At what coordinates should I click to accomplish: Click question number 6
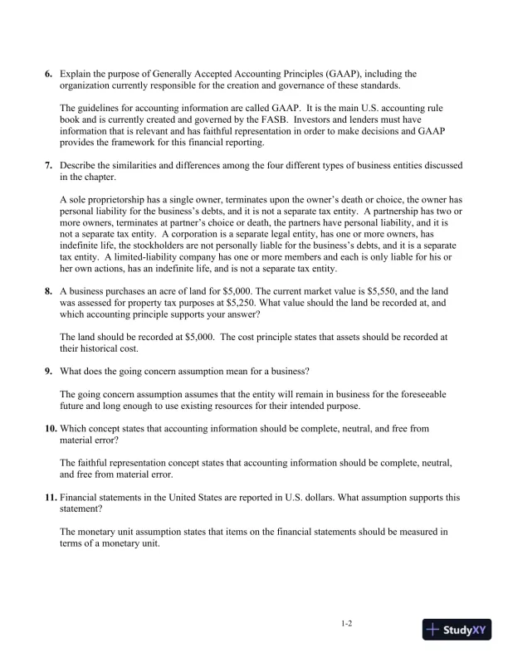tap(48, 74)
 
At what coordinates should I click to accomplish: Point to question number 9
tap(48, 370)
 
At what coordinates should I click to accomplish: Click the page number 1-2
tap(347, 624)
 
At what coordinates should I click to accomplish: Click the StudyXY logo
tap(454, 630)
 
